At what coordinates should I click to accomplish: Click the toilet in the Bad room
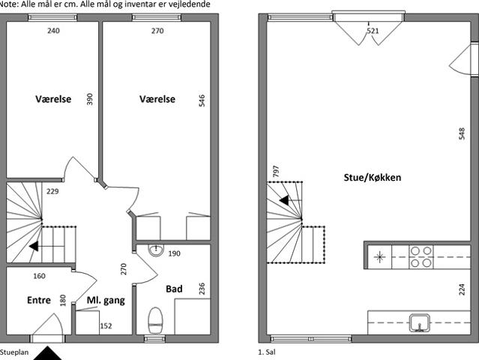pos(155,320)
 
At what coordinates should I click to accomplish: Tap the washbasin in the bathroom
pos(156,250)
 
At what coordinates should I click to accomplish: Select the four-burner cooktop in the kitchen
pos(421,256)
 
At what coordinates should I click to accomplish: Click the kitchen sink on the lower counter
pos(420,323)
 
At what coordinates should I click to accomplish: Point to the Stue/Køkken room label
pos(373,178)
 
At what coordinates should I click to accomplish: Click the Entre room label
pos(39,300)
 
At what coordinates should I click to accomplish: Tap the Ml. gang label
pos(106,301)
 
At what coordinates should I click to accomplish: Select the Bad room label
pos(174,289)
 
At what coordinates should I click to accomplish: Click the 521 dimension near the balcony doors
pos(373,31)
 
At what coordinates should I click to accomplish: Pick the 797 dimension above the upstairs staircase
pos(276,171)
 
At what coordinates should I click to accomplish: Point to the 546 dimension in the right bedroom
pos(202,100)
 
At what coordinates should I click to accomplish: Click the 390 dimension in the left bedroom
pos(89,99)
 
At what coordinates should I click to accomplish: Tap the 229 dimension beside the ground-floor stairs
pos(52,191)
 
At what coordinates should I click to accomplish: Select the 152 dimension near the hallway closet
pos(106,326)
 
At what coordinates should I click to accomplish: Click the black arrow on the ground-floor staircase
pos(34,246)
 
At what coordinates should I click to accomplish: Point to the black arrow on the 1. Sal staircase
pos(284,200)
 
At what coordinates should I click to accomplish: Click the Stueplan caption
pos(14,352)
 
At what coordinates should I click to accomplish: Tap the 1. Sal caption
pos(267,352)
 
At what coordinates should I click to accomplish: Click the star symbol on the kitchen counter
pos(379,256)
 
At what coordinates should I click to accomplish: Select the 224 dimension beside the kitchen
pos(462,289)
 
